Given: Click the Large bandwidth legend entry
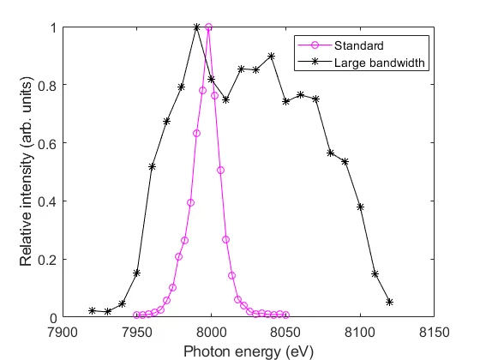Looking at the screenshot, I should pos(369,62).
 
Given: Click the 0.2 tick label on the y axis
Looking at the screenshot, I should pos(49,260).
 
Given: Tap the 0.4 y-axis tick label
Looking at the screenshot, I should pos(49,201).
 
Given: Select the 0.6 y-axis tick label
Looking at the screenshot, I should pos(49,144).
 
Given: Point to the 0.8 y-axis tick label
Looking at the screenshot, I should pos(49,86).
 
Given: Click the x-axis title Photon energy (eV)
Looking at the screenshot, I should pos(248,349).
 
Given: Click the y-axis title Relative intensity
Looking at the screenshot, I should pos(27,172).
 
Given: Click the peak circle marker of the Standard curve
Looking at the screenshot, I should pos(208,27).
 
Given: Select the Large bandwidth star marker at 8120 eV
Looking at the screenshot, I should pos(389,302).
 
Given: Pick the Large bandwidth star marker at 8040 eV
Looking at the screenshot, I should pos(271,57).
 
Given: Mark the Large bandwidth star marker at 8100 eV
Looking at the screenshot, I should pos(360,207).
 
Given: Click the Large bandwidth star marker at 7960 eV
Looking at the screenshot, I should pos(152,166).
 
